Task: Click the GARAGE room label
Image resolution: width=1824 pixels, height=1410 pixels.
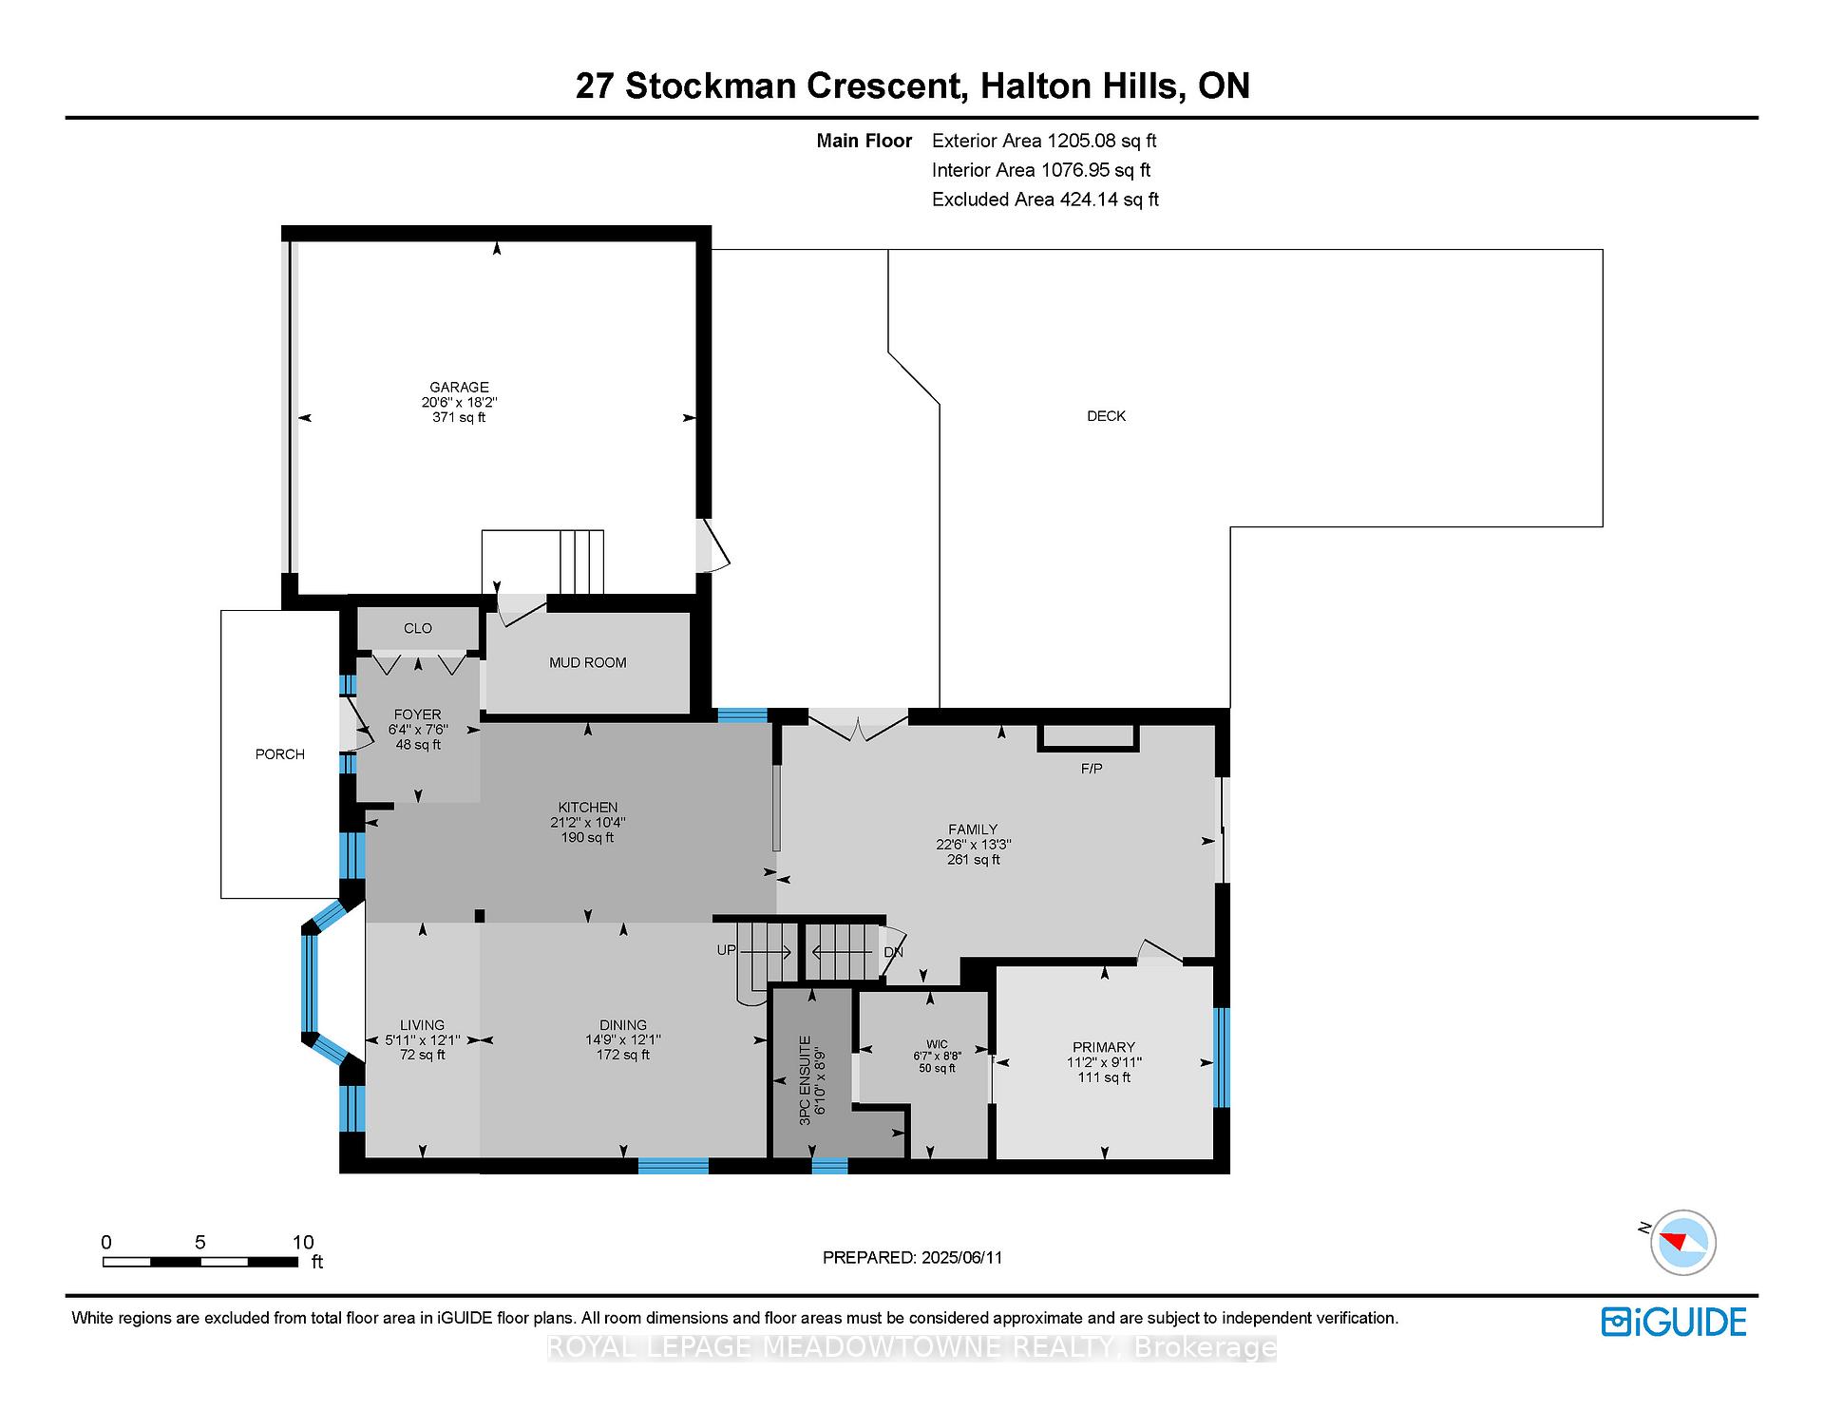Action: point(459,387)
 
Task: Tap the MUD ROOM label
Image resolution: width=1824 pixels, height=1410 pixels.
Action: point(588,662)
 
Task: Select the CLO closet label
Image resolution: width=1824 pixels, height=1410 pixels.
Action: point(418,628)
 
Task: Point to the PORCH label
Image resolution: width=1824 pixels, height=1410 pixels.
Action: point(280,753)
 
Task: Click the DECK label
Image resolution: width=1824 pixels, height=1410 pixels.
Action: point(1107,415)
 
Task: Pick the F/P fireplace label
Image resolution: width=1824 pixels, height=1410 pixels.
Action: point(1092,768)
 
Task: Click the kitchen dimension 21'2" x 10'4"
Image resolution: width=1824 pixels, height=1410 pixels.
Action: point(588,823)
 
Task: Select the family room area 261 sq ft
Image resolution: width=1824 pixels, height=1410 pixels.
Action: point(974,860)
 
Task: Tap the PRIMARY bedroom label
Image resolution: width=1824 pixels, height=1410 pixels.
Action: point(1104,1047)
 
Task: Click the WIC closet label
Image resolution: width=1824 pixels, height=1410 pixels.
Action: point(938,1043)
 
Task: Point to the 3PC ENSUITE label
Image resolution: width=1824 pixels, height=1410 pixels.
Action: point(804,1080)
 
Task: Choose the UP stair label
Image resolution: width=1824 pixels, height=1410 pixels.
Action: point(727,950)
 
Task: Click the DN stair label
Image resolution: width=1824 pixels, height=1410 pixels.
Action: point(894,952)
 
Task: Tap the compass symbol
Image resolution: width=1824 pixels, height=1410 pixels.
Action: point(1683,1242)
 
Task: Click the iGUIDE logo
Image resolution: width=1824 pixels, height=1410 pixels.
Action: point(1674,1322)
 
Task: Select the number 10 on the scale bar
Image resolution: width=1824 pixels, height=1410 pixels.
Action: point(303,1242)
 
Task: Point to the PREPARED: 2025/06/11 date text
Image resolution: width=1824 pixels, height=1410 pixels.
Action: point(913,1257)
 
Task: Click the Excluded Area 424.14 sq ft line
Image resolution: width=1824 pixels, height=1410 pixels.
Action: point(1045,200)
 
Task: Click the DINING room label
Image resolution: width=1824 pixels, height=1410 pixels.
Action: point(623,1024)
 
